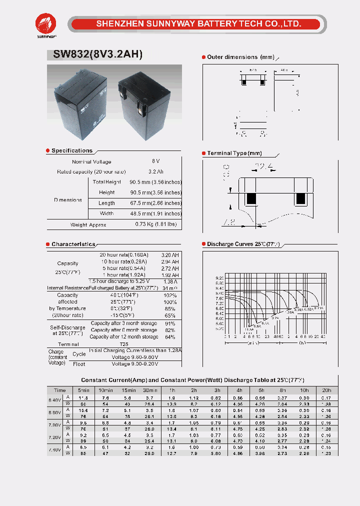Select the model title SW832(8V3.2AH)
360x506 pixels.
[97, 55]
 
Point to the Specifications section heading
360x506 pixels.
[72, 150]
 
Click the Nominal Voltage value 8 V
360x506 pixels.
[156, 161]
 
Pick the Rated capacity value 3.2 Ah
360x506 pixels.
[156, 171]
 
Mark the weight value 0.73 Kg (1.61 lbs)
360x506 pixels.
[156, 224]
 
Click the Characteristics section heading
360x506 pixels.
[73, 244]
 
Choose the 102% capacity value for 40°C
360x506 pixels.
[169, 295]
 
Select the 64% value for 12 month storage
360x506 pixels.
[169, 337]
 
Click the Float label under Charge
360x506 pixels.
[79, 364]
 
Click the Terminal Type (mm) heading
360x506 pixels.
[234, 153]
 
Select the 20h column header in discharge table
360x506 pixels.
[326, 390]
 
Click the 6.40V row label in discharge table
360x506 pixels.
[54, 400]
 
